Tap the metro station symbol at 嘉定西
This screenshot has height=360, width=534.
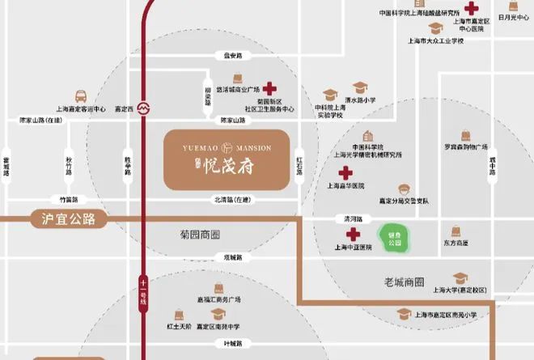(144, 107)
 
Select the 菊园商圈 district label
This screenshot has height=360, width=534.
(200, 235)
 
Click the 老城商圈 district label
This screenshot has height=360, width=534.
(405, 282)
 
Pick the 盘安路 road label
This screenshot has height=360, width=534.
(233, 56)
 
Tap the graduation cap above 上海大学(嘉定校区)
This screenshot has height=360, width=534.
(460, 277)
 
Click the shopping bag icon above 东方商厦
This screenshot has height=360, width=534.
(456, 231)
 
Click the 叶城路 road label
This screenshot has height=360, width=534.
(234, 343)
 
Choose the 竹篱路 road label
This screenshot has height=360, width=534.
(69, 199)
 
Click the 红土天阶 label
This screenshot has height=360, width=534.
(178, 326)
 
